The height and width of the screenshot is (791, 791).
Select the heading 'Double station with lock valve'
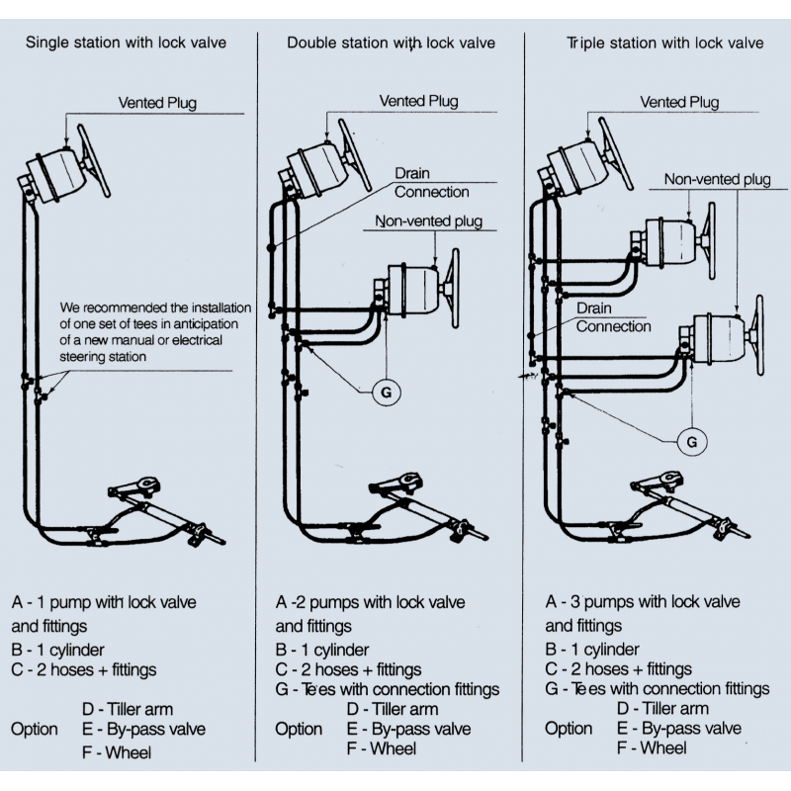click(392, 44)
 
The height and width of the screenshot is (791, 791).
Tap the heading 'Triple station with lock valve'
click(664, 44)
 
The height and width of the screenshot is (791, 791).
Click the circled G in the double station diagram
click(387, 393)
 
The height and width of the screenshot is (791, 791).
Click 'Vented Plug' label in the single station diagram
click(157, 102)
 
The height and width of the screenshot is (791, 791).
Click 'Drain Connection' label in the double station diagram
click(431, 182)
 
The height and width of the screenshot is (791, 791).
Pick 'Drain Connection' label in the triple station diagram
click(613, 317)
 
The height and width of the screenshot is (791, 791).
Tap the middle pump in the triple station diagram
click(673, 241)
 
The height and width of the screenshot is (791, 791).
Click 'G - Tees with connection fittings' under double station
click(387, 689)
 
